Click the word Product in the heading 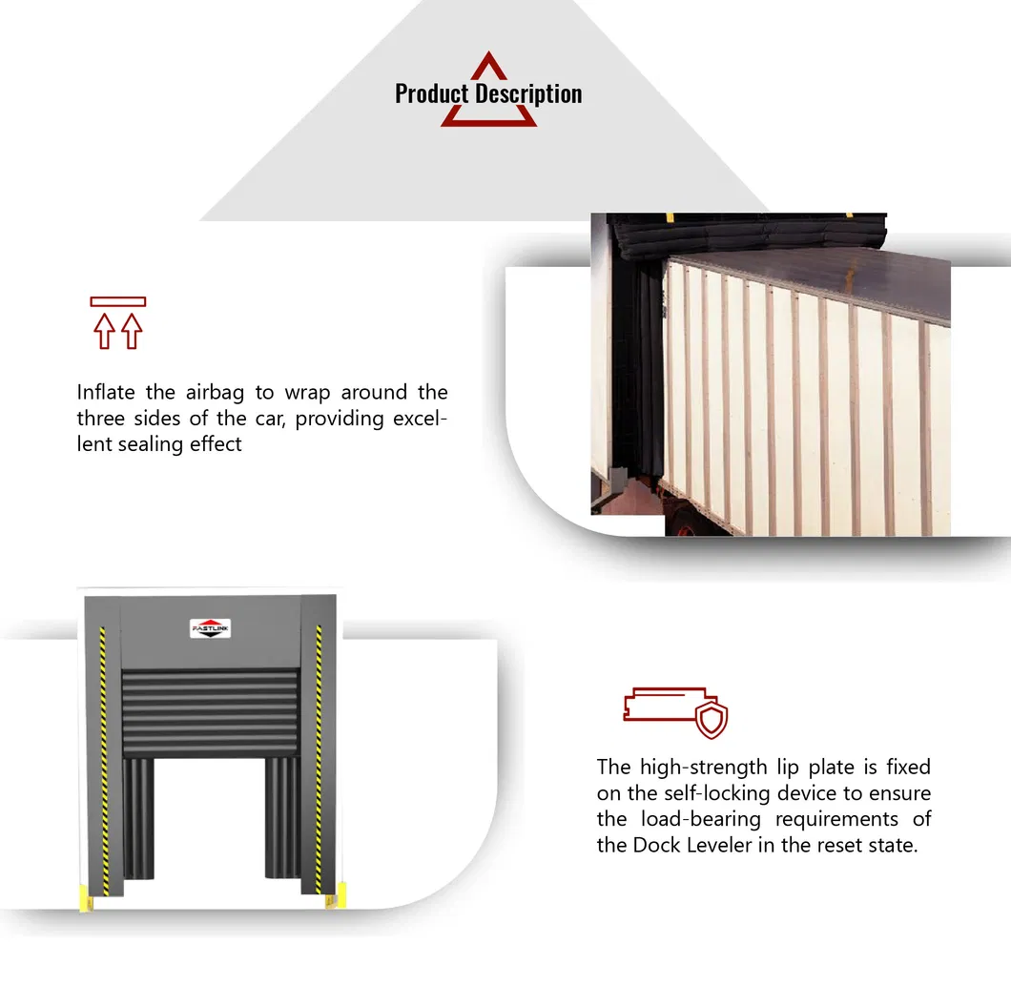pos(431,93)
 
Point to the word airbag pos(217,392)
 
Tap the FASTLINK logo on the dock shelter pos(211,629)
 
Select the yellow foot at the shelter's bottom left pos(83,895)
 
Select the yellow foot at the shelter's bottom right pos(340,895)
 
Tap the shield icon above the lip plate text pos(711,721)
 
